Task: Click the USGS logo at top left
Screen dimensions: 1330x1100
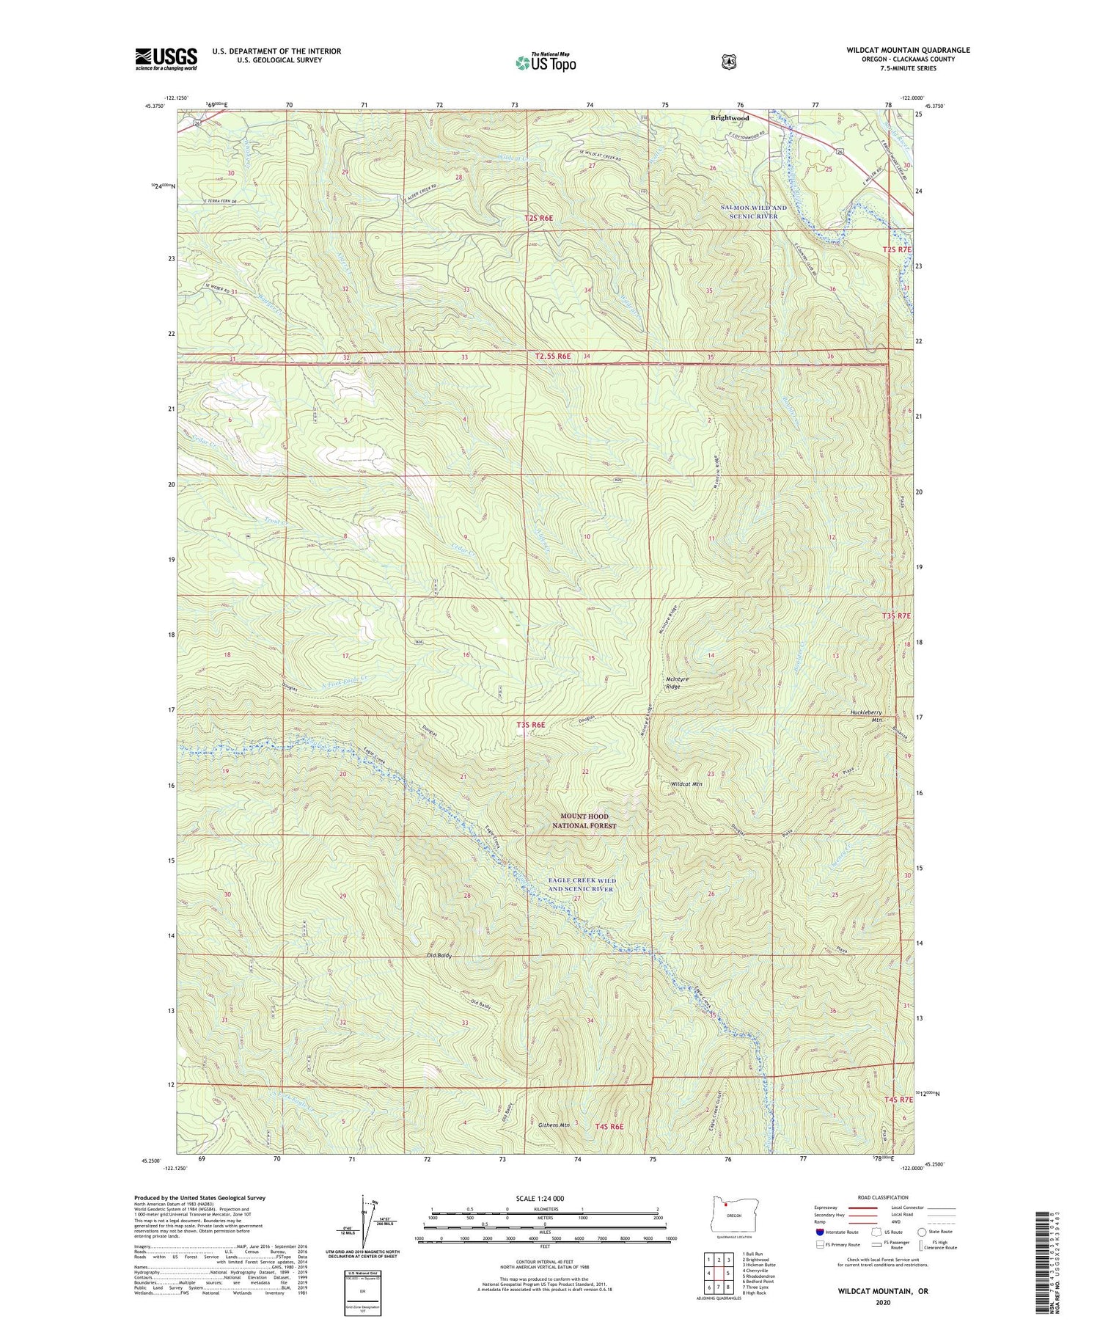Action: coord(166,59)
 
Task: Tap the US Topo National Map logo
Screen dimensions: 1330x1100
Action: coord(546,62)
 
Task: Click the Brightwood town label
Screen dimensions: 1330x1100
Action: coord(729,117)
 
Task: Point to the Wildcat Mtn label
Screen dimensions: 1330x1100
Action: coord(687,784)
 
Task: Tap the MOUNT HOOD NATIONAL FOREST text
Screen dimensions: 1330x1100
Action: coord(584,821)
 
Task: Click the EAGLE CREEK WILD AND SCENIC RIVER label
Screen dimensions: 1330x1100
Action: coord(583,885)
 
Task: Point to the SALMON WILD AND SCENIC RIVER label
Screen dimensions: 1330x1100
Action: coord(753,212)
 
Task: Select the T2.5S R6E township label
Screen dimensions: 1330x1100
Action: coord(552,356)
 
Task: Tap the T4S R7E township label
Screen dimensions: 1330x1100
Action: coord(898,1100)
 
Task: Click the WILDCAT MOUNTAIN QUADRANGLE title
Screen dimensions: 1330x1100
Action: coord(908,50)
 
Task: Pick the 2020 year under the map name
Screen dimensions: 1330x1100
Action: coord(883,1303)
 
